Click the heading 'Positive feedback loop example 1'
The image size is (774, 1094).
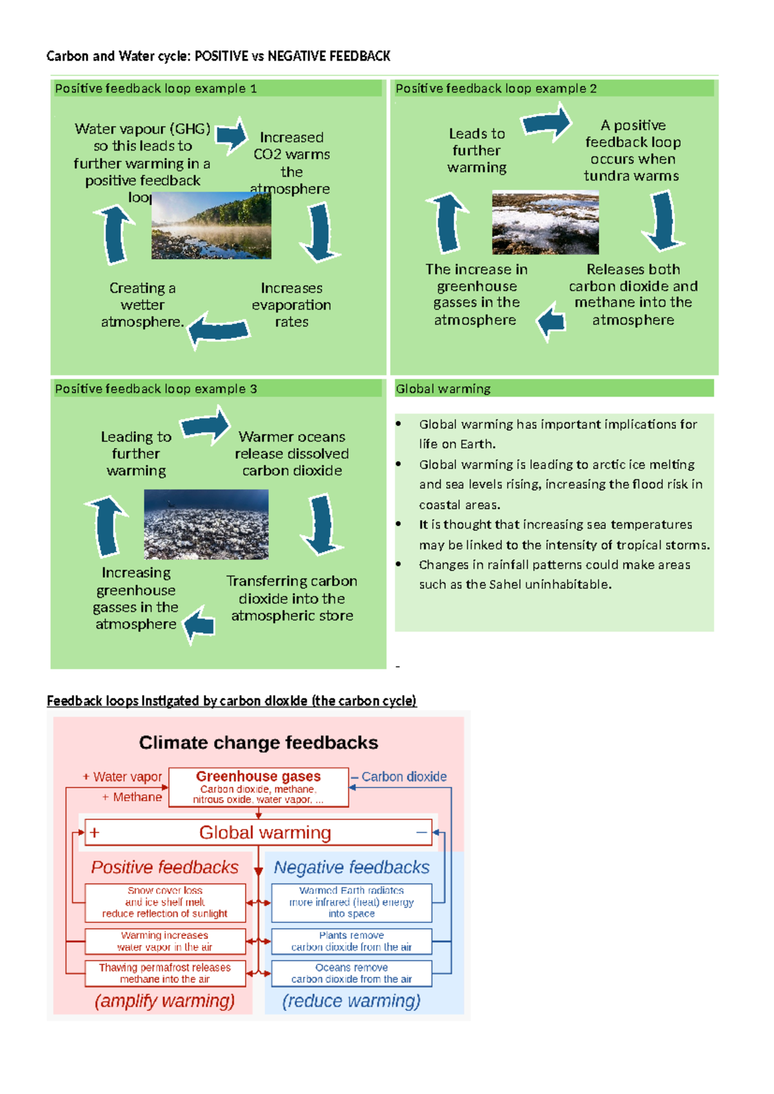155,88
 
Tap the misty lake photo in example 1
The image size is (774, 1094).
211,226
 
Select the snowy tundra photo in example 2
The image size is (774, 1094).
545,223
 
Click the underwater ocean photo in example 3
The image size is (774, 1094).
206,524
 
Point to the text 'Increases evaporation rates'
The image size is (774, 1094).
292,304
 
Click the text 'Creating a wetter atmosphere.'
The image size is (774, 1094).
143,304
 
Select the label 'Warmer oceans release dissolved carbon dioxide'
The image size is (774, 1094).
292,453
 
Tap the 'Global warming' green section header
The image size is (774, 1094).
443,388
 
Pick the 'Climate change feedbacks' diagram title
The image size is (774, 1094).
259,742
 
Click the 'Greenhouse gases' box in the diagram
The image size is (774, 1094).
259,787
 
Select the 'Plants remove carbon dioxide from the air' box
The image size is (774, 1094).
352,941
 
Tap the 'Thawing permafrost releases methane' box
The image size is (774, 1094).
165,973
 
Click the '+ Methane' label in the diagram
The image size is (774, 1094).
132,797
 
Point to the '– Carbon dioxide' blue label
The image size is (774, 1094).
399,777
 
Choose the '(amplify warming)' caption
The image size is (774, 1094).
164,1000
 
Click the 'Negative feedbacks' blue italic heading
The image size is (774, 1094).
352,867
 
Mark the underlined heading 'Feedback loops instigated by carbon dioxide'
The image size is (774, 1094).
232,701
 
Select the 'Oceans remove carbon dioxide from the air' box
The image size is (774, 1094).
352,973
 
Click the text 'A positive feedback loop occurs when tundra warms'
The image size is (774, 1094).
632,150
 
